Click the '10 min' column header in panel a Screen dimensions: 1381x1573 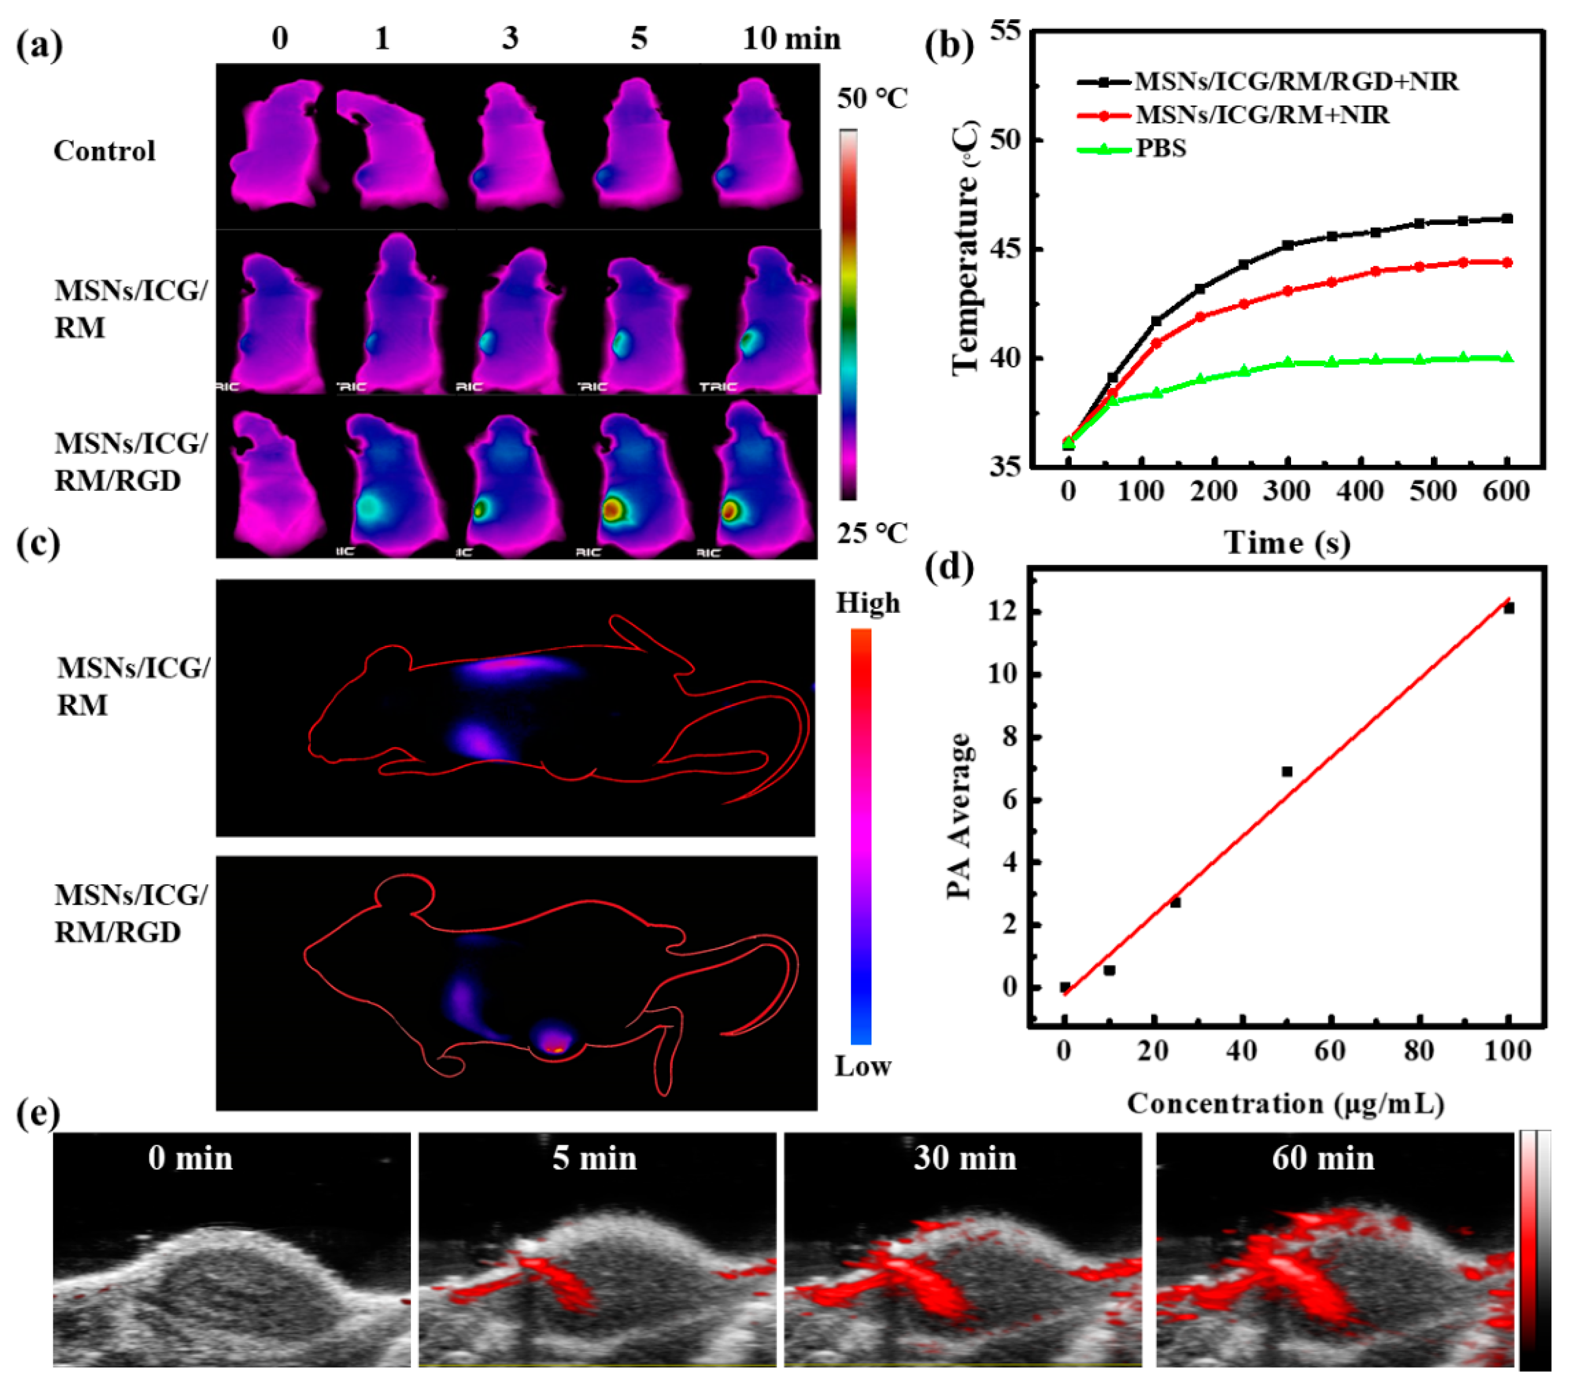point(791,38)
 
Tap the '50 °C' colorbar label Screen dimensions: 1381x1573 point(872,98)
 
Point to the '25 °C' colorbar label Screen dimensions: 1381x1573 point(872,533)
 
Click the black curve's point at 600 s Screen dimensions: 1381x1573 point(1507,218)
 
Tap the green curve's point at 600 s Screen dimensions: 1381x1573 point(1507,357)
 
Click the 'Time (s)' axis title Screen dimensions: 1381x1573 point(1287,543)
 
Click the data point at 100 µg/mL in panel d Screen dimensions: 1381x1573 point(1509,608)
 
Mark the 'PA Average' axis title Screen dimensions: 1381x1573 point(959,816)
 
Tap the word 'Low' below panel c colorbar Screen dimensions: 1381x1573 point(863,1066)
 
